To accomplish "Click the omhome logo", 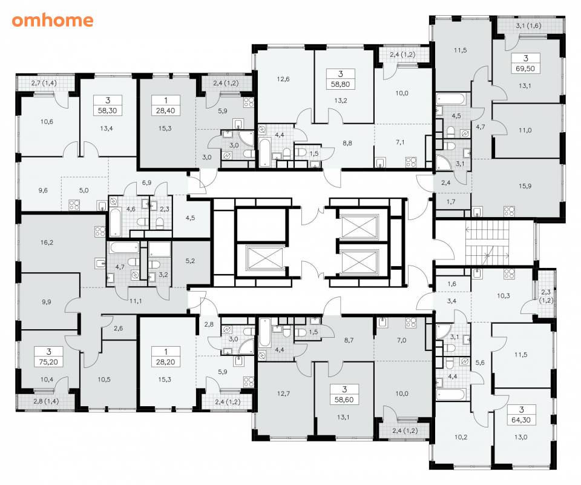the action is [52, 21].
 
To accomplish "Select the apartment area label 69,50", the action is [525, 69].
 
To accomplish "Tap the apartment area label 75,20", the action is [48, 362].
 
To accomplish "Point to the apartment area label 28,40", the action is [166, 110].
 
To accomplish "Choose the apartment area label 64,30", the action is [521, 420].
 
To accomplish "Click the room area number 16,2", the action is [47, 242].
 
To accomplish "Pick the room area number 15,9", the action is [525, 186].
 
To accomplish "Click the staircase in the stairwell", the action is [487, 242].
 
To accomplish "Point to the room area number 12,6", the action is [283, 79].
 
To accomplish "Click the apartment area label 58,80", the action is [341, 84].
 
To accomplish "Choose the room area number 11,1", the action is [136, 301].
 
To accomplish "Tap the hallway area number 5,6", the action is [480, 363].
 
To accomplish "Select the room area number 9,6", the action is [43, 190].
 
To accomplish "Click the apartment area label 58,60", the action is [344, 400].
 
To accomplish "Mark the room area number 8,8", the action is [347, 143].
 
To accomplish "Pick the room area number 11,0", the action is [525, 130].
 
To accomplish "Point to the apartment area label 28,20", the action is [166, 362].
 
